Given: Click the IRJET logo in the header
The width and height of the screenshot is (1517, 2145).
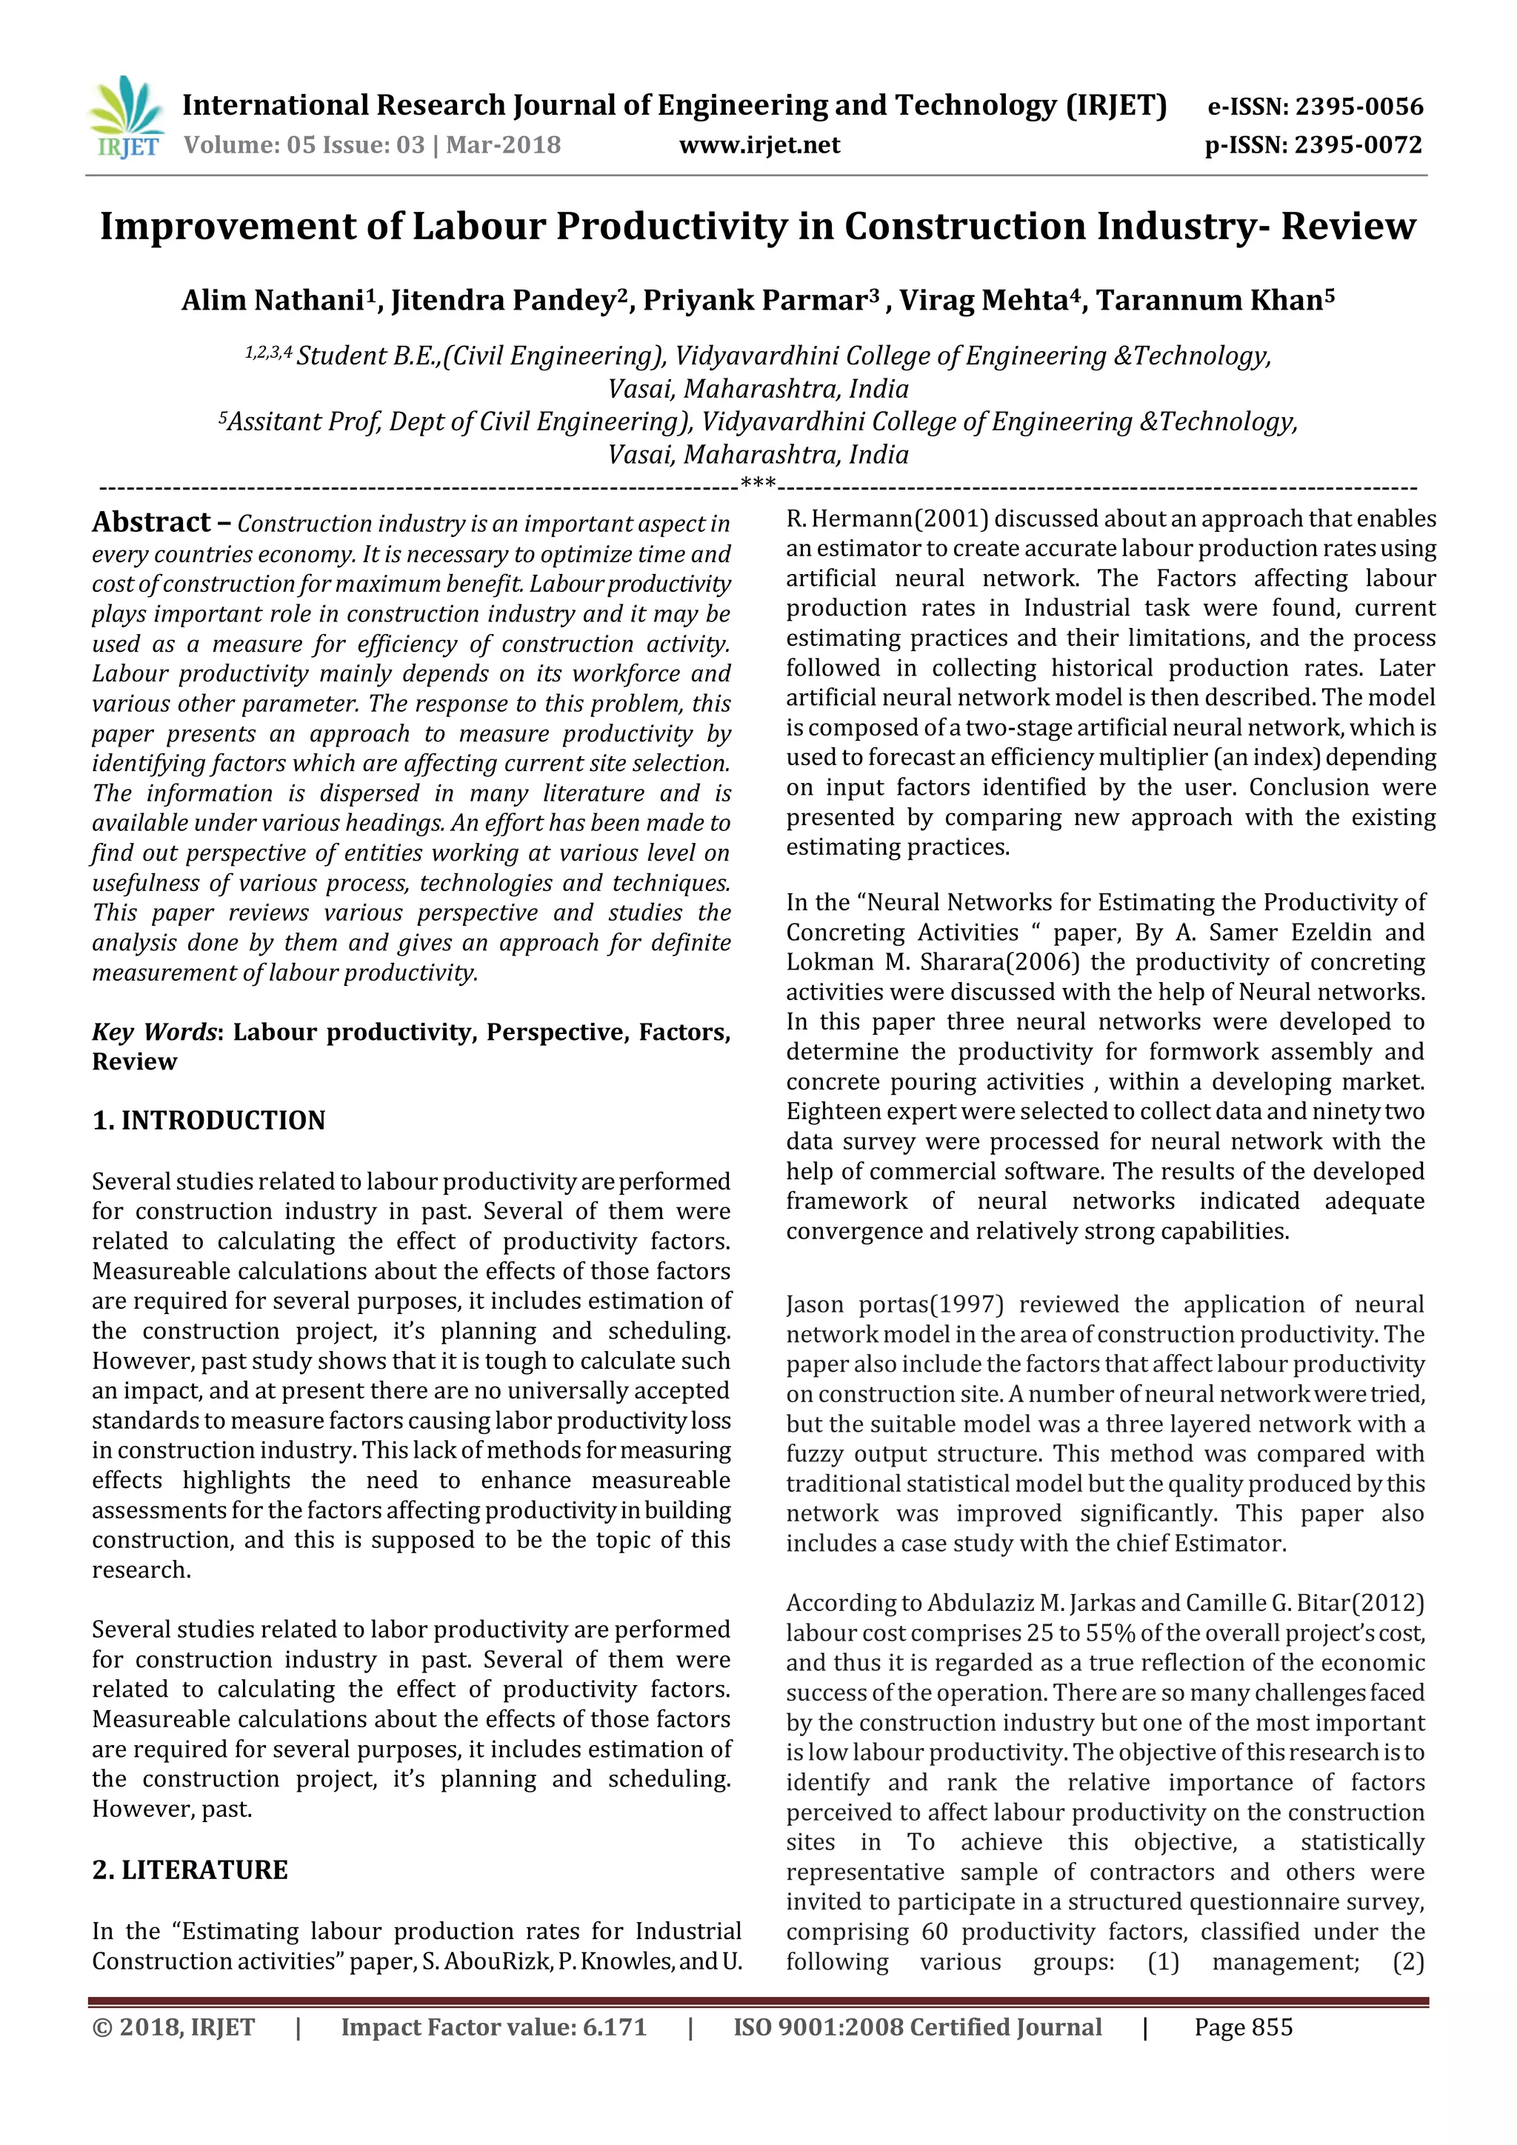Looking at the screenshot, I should (x=126, y=118).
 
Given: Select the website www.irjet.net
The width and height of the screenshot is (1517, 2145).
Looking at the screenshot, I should (x=758, y=145).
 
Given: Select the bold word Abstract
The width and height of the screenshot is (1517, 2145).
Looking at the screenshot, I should (x=151, y=522).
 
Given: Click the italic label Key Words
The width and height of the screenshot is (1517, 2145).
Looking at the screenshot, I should (x=154, y=1033).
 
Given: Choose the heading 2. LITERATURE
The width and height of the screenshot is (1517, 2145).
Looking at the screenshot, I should (x=190, y=1869).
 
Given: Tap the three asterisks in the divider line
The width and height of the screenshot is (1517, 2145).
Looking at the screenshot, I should (x=758, y=484).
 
